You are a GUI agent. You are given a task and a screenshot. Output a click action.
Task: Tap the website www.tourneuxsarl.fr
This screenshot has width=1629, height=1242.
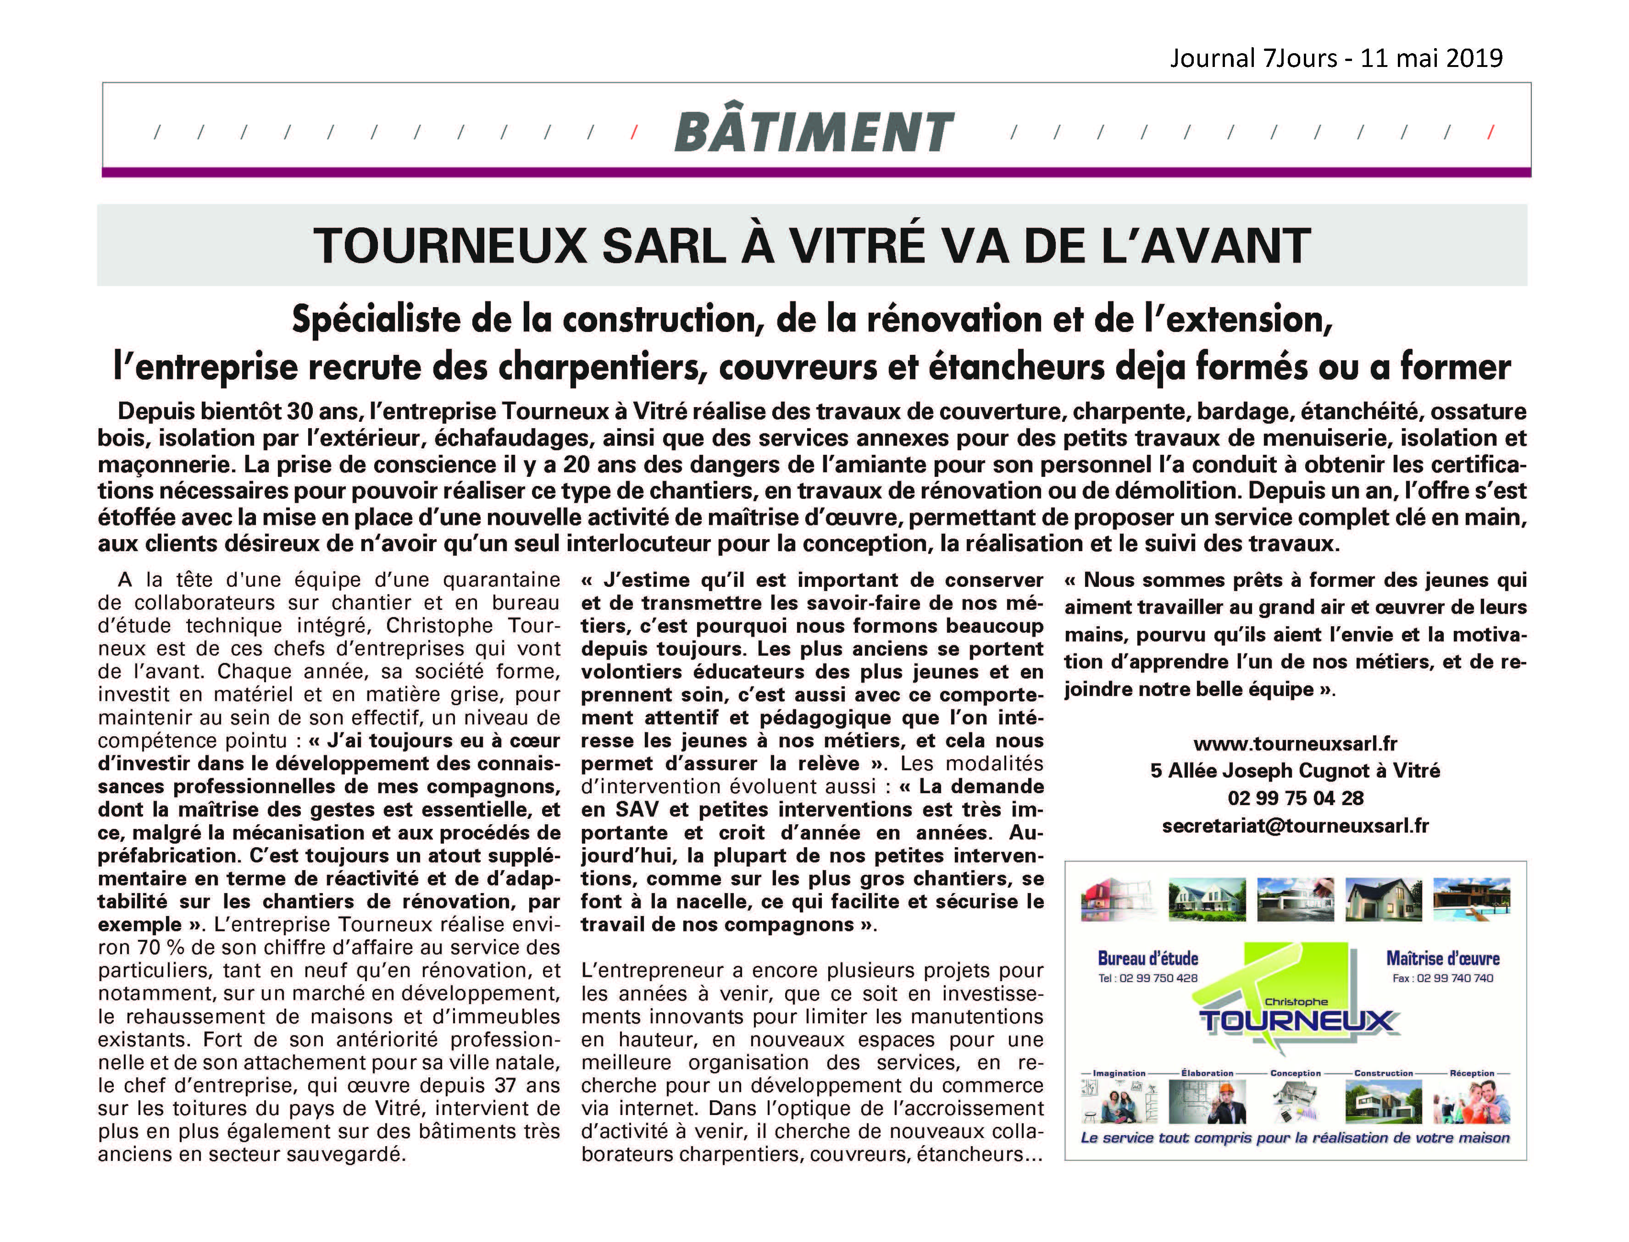(x=1295, y=743)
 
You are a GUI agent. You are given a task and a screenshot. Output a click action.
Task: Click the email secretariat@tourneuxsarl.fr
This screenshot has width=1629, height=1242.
(x=1295, y=826)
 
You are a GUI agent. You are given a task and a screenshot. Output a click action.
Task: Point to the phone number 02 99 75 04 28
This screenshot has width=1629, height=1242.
(x=1295, y=799)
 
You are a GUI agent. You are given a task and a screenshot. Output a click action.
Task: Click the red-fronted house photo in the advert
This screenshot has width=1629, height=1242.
(x=1119, y=899)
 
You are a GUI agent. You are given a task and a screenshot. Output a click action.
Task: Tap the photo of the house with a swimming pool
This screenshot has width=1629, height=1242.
(x=1471, y=899)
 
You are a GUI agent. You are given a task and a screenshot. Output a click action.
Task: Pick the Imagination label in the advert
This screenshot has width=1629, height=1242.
(x=1119, y=1073)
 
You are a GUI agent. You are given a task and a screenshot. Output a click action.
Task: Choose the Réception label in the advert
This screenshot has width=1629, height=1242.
(x=1472, y=1073)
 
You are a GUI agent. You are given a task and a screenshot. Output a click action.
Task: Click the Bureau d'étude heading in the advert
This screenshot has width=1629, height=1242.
(x=1147, y=959)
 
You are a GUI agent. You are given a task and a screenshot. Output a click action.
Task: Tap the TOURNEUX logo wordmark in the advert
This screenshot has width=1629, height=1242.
(x=1296, y=1021)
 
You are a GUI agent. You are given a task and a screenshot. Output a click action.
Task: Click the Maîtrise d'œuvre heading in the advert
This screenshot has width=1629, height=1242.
(x=1443, y=959)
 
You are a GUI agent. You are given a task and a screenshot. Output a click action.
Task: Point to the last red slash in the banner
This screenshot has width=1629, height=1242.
(x=1490, y=132)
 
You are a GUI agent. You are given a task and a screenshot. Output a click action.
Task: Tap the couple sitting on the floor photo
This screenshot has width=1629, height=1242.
(x=1119, y=1103)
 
